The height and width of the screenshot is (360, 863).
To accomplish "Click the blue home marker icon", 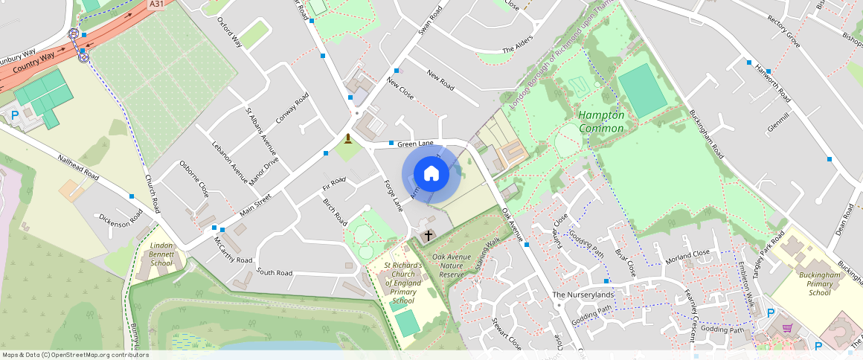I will pyautogui.click(x=431, y=174).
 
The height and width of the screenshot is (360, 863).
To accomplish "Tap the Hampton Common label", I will pyautogui.click(x=602, y=122).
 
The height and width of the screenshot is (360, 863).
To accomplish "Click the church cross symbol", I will pyautogui.click(x=428, y=237).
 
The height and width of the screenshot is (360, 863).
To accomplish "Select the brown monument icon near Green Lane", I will pyautogui.click(x=347, y=138).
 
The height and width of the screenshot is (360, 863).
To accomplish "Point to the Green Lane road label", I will pyautogui.click(x=415, y=144).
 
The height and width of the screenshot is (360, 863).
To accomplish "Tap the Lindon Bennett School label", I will pyautogui.click(x=161, y=254).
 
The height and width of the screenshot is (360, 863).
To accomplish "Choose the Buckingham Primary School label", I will pyautogui.click(x=809, y=283).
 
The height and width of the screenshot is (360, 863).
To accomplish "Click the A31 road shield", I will pyautogui.click(x=156, y=4).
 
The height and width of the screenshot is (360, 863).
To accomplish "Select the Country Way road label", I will pyautogui.click(x=34, y=57).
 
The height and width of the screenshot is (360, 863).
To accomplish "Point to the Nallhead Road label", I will pyautogui.click(x=79, y=167).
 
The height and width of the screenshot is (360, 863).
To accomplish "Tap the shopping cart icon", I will pyautogui.click(x=786, y=327).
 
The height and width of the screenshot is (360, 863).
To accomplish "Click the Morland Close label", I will pyautogui.click(x=687, y=254).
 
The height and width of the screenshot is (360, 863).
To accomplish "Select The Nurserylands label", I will pyautogui.click(x=583, y=295).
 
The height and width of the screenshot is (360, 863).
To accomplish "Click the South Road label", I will pyautogui.click(x=275, y=272).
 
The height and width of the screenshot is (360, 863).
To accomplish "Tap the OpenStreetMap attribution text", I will pyautogui.click(x=75, y=355).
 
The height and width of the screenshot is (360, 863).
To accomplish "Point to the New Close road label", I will pyautogui.click(x=400, y=89).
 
